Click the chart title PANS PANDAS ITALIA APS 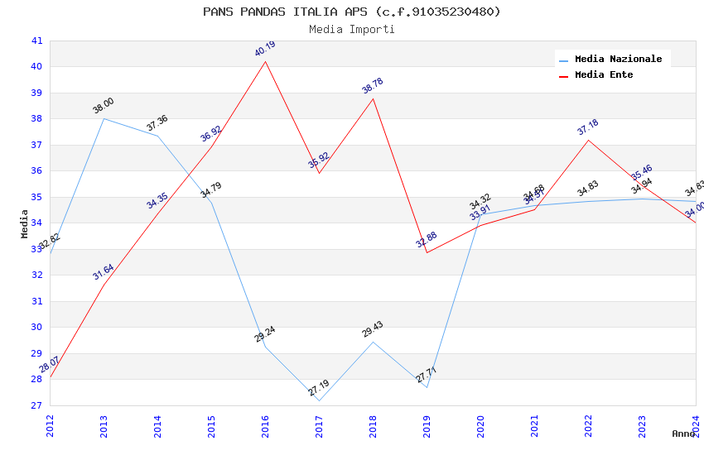(x=352, y=12)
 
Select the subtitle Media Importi (x=352, y=30)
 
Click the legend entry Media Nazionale (x=618, y=60)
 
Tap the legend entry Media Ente (x=604, y=75)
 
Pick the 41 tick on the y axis (x=36, y=41)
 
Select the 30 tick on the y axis (x=36, y=327)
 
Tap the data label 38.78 (x=373, y=85)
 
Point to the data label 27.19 (x=319, y=387)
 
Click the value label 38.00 (x=104, y=105)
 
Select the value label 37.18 (x=588, y=127)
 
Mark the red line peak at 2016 (x=265, y=61)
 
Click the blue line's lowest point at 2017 (x=319, y=400)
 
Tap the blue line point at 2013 (x=104, y=118)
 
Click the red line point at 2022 (x=588, y=140)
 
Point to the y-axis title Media (x=25, y=223)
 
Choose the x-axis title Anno (x=683, y=433)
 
